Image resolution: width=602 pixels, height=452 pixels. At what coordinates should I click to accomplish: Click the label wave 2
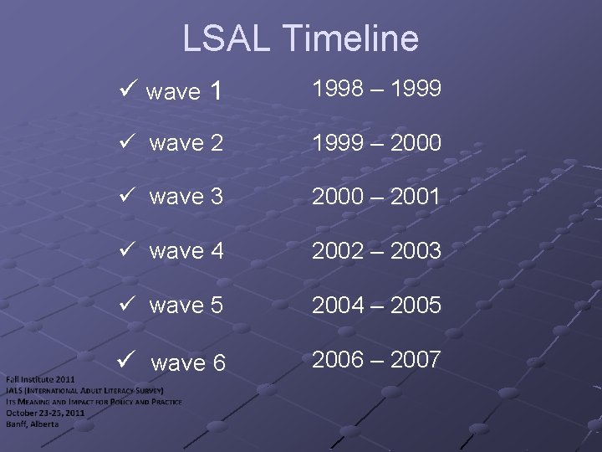(186, 143)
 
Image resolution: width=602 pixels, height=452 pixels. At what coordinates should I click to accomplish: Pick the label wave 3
(186, 197)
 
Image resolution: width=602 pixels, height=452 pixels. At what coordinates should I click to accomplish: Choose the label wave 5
(186, 306)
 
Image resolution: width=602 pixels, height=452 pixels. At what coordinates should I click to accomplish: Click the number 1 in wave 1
(216, 90)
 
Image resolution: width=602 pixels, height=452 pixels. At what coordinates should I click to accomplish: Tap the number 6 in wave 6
(218, 363)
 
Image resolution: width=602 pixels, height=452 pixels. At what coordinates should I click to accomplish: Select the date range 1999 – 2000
(376, 143)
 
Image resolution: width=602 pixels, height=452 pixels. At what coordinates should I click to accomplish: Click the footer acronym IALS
(16, 390)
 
